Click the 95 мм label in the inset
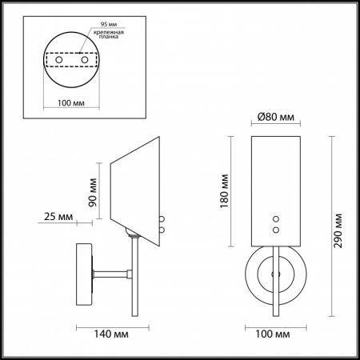tap(109, 24)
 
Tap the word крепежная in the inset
tap(109, 32)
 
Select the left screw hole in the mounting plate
tap(59, 60)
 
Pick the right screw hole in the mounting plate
tap(85, 60)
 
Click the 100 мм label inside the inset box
tap(71, 103)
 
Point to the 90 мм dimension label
tap(93, 192)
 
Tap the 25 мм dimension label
tap(58, 217)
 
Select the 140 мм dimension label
tap(111, 334)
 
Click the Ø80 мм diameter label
tap(276, 117)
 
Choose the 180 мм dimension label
tap(224, 191)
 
